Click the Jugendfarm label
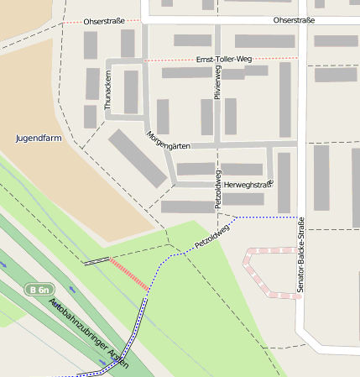point(39,137)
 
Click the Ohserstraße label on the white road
point(295,19)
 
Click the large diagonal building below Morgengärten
point(138,158)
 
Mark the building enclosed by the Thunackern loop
point(131,92)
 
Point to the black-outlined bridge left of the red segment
point(96,261)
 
